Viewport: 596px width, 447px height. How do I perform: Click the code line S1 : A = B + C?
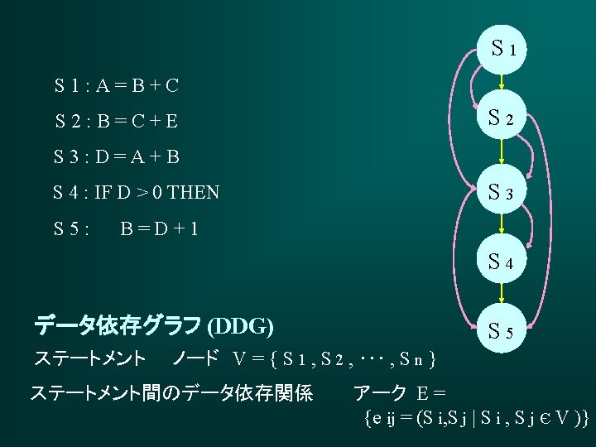click(117, 85)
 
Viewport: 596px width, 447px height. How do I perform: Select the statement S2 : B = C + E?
click(117, 122)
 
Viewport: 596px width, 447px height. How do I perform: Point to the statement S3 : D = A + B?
click(117, 156)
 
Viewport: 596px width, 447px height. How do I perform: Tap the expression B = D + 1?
click(158, 228)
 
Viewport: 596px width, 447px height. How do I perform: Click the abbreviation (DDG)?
click(242, 326)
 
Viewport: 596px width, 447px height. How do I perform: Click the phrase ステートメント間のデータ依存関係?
click(171, 394)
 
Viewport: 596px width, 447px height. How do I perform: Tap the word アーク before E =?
click(380, 394)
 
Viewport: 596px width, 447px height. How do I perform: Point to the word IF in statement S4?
click(103, 194)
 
